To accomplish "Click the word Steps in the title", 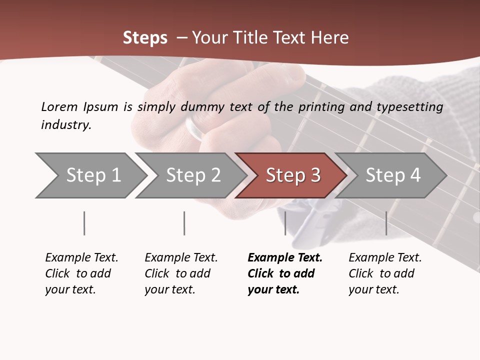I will point(145,38).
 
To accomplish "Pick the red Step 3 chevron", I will point(291,175).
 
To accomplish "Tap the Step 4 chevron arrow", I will point(391,175).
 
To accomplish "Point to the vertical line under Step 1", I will point(84,223).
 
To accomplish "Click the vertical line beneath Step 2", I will point(184,223).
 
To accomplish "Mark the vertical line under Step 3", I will point(285,223).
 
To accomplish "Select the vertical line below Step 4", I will point(386,223).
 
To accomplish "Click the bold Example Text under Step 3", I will point(284,273).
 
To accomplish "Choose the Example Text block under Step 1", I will point(81,273).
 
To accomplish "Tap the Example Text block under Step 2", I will point(180,273).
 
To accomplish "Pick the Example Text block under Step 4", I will point(384,273).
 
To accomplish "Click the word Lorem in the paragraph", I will point(59,107).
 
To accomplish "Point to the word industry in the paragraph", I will point(66,125).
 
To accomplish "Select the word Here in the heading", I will point(329,38).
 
